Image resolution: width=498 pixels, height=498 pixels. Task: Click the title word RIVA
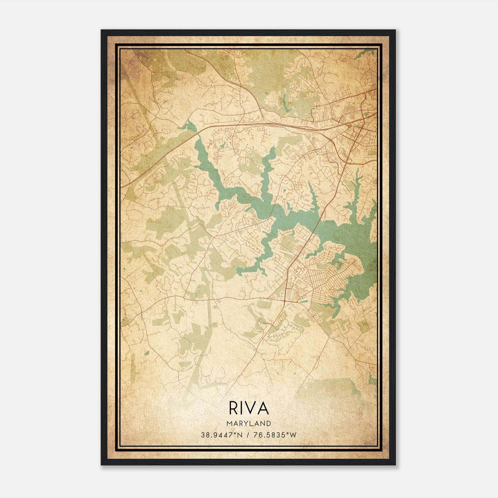[x=249, y=408]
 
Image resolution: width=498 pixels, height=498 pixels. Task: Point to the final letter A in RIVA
[x=264, y=408]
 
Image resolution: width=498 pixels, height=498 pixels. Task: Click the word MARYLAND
[x=249, y=423]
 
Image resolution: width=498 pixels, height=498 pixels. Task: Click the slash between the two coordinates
[x=247, y=435]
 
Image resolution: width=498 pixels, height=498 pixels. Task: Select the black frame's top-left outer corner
[x=101, y=30]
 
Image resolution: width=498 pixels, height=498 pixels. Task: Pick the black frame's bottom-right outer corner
[x=396, y=465]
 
